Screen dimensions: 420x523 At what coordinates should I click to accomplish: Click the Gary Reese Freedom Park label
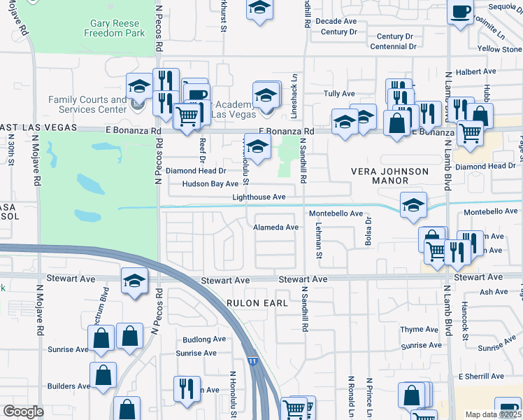pyautogui.click(x=114, y=28)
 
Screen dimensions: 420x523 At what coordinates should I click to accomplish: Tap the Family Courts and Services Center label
pyautogui.click(x=87, y=105)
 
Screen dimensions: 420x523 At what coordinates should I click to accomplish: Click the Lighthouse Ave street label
pyautogui.click(x=259, y=197)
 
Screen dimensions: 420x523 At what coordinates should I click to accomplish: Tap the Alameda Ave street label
pyautogui.click(x=275, y=227)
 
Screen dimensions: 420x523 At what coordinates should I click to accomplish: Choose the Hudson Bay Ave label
pyautogui.click(x=210, y=184)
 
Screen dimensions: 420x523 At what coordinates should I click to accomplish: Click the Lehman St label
pyautogui.click(x=318, y=244)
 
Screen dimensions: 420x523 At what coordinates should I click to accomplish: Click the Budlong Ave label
pyautogui.click(x=204, y=339)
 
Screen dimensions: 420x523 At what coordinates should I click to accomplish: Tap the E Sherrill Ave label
pyautogui.click(x=481, y=377)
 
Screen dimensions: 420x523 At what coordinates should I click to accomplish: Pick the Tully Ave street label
pyautogui.click(x=339, y=94)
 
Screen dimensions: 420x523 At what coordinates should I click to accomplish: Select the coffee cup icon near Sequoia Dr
pyautogui.click(x=460, y=12)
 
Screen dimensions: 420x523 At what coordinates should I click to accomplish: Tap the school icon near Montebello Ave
pyautogui.click(x=413, y=204)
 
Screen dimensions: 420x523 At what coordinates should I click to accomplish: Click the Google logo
pyautogui.click(x=23, y=412)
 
